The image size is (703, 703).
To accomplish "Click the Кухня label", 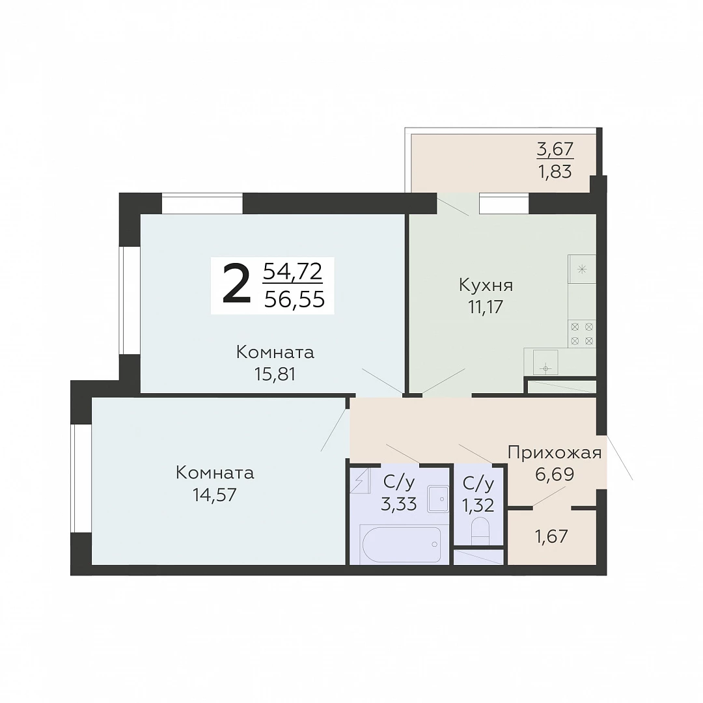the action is point(486,285).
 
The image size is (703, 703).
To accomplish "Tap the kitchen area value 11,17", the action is point(486,307).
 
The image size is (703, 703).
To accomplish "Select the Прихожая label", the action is point(555,453).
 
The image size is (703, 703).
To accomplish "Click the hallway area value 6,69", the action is point(555,474).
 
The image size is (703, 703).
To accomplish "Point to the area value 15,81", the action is point(275,374).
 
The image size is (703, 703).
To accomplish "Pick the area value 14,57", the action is point(215,495).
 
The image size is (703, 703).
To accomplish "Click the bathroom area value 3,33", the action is point(399,504).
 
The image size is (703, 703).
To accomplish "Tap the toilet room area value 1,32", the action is point(478,505).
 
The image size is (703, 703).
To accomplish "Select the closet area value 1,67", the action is point(551,536).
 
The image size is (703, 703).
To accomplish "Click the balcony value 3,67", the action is point(555,149).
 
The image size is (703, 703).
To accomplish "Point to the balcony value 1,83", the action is point(555,172).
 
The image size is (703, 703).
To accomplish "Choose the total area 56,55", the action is point(294,299).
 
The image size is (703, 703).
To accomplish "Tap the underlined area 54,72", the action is point(293,271).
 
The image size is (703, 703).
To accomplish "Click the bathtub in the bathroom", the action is point(400,544).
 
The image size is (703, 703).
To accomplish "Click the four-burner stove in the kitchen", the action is point(582,333).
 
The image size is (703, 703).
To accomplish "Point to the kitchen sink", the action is point(545,363).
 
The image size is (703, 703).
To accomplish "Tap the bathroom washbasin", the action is point(438,498).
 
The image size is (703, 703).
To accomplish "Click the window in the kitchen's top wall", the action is point(504,204).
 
